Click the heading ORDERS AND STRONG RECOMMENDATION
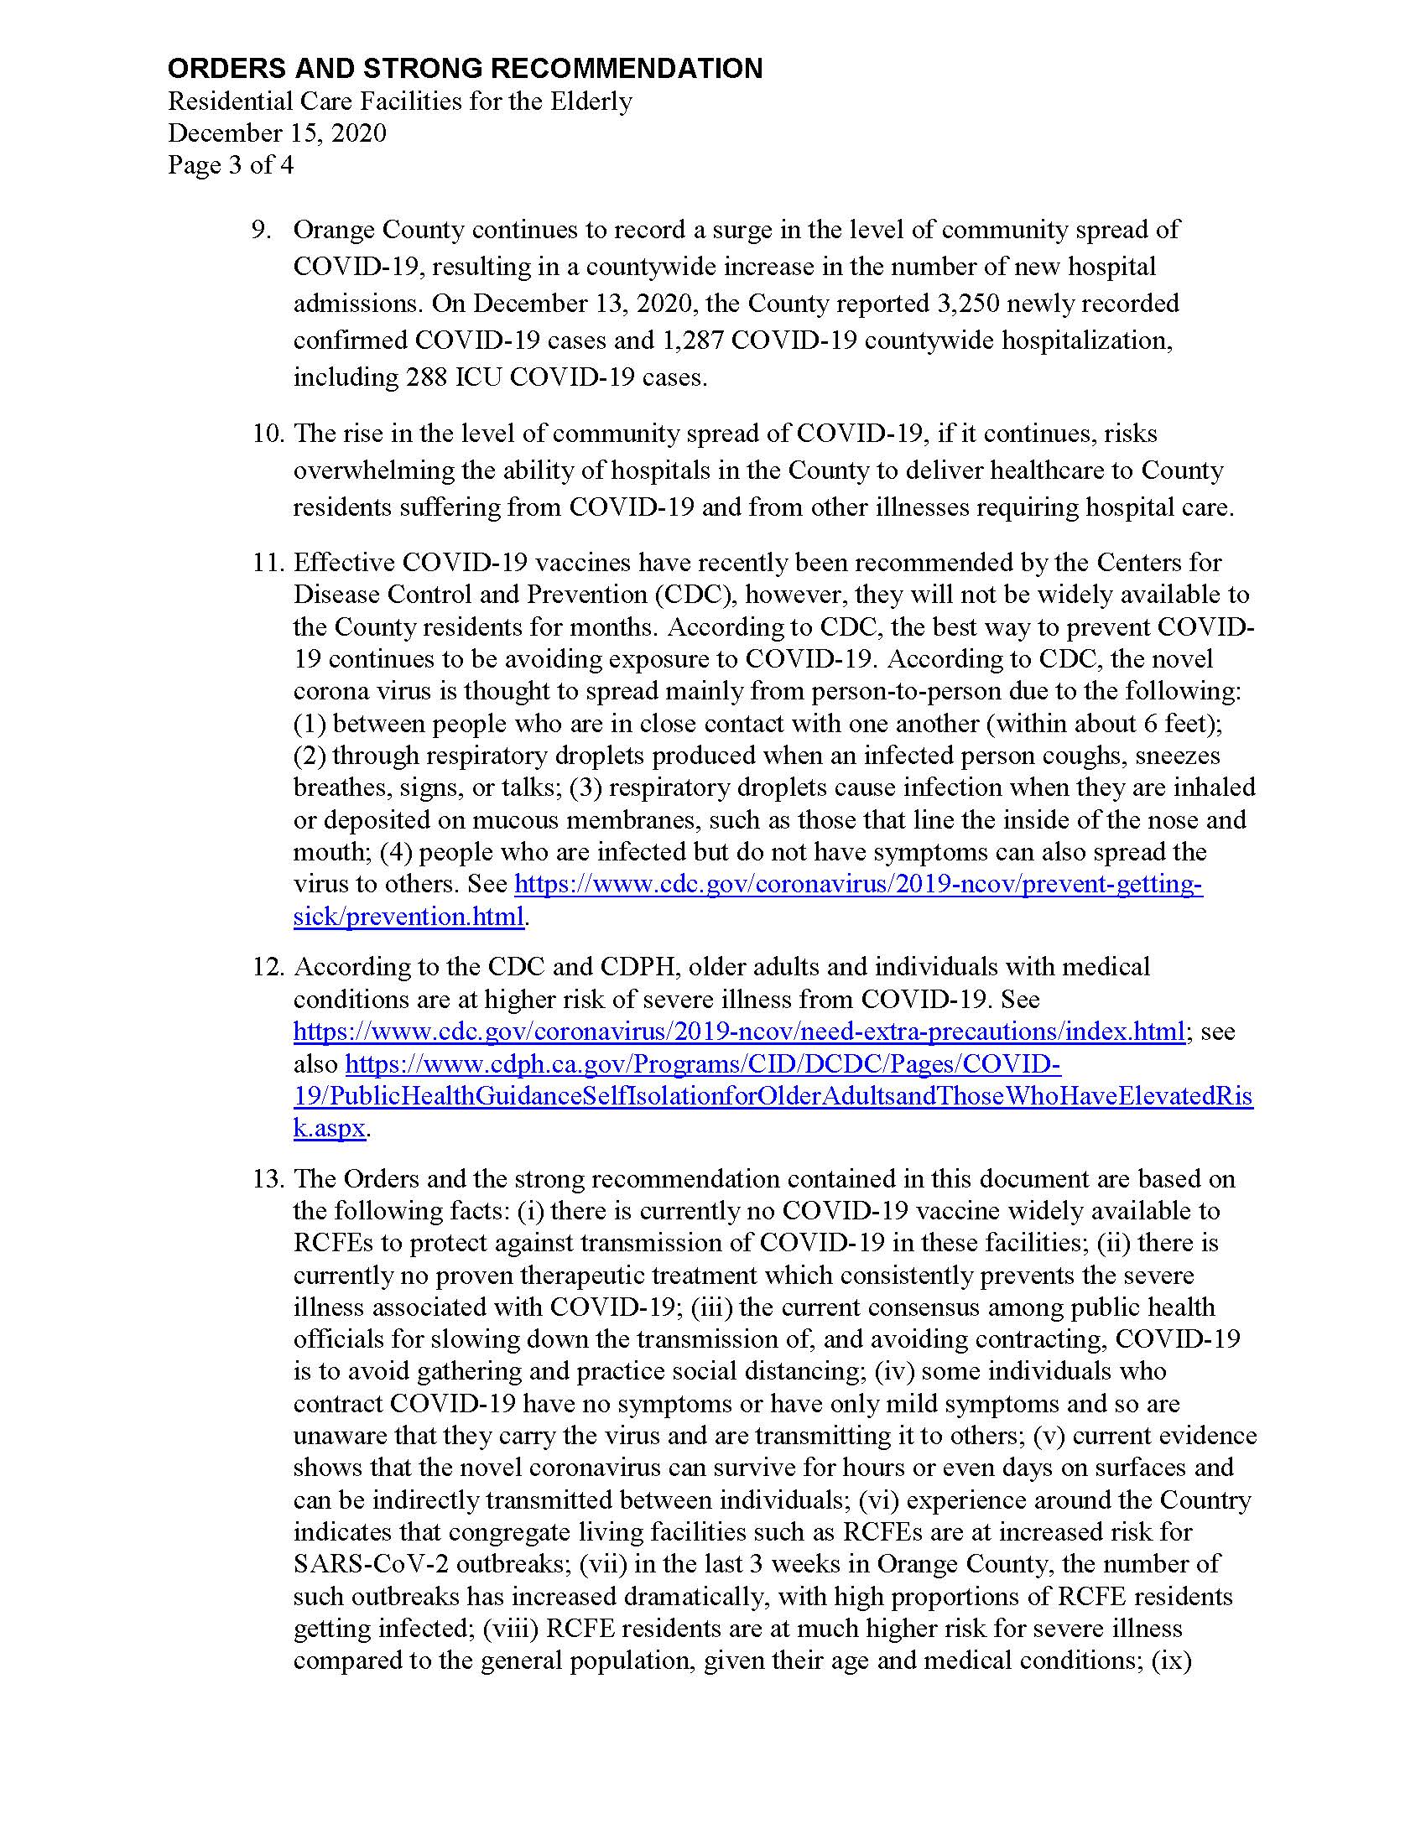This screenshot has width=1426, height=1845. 465,69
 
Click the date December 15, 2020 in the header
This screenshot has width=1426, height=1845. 277,133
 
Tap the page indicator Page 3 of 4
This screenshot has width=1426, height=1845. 231,164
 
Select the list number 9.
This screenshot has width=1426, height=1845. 261,230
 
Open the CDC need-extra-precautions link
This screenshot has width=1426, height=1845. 738,1032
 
